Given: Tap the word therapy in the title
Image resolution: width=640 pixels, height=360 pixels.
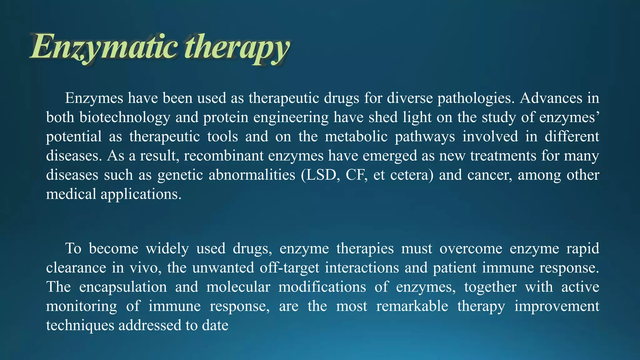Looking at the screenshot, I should point(237,47).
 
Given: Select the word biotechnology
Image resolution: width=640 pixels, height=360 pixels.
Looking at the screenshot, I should point(125,117).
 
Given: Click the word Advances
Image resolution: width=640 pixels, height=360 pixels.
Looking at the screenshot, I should point(551,98).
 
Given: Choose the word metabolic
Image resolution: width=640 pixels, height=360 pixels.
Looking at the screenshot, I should point(356,137).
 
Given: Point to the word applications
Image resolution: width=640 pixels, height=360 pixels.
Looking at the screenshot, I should point(141,194).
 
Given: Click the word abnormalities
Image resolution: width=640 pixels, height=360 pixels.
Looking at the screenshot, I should point(252,175).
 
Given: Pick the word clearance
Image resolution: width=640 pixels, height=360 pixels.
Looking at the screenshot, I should point(76,268).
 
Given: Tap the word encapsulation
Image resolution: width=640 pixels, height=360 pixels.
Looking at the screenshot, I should point(123,287).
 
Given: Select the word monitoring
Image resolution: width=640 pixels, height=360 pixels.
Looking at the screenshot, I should point(82,306).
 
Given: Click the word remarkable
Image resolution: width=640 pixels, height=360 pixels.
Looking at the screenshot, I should point(412,306).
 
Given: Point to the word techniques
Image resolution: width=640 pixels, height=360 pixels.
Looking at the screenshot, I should point(80,325).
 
